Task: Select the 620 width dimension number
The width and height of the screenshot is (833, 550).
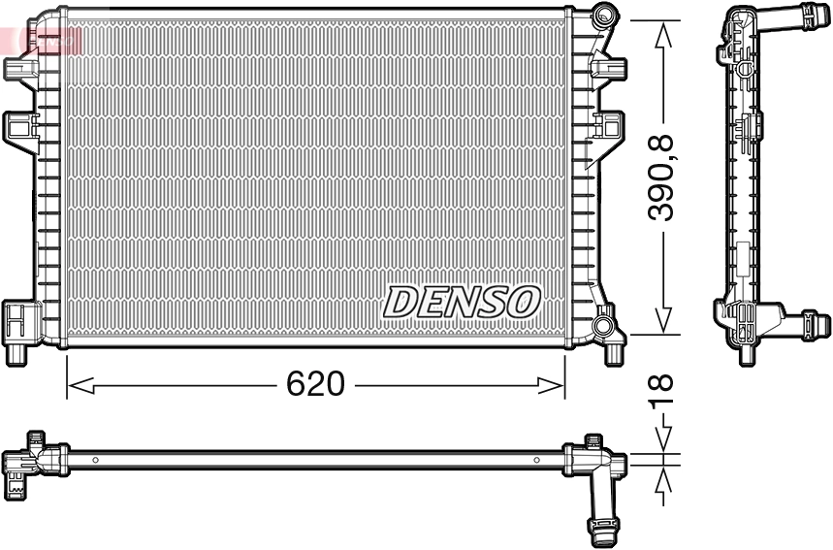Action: click(x=315, y=384)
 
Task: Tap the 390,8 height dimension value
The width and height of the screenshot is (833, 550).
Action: click(x=662, y=178)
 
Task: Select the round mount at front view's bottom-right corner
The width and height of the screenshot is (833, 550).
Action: click(x=604, y=322)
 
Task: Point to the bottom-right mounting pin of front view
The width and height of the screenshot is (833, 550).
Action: click(x=613, y=353)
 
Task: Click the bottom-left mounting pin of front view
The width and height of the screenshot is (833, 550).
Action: click(x=16, y=353)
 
